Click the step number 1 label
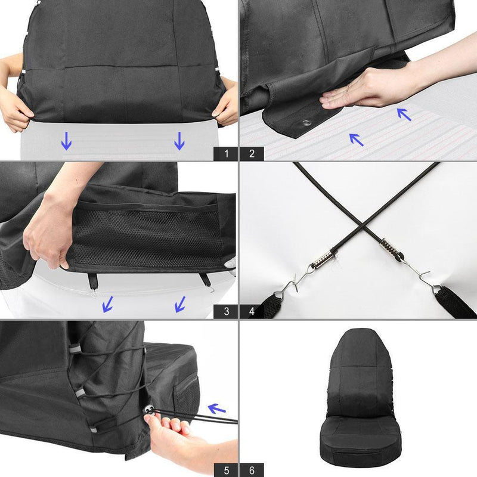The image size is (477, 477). pyautogui.click(x=226, y=153)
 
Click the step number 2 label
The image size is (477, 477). pyautogui.click(x=252, y=153)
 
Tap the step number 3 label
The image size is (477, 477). pyautogui.click(x=226, y=311)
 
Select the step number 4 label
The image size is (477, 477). pyautogui.click(x=252, y=311)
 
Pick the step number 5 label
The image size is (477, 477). pyautogui.click(x=226, y=470)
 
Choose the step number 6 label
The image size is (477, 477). pyautogui.click(x=252, y=470)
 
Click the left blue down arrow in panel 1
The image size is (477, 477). pyautogui.click(x=66, y=141)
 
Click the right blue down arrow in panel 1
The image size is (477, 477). pyautogui.click(x=179, y=141)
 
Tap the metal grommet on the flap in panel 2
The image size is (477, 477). pyautogui.click(x=306, y=123)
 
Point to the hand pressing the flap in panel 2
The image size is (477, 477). pyautogui.click(x=358, y=89)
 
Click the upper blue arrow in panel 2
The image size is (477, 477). pyautogui.click(x=404, y=113)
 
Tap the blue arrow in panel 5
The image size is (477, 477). pyautogui.click(x=217, y=408)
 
